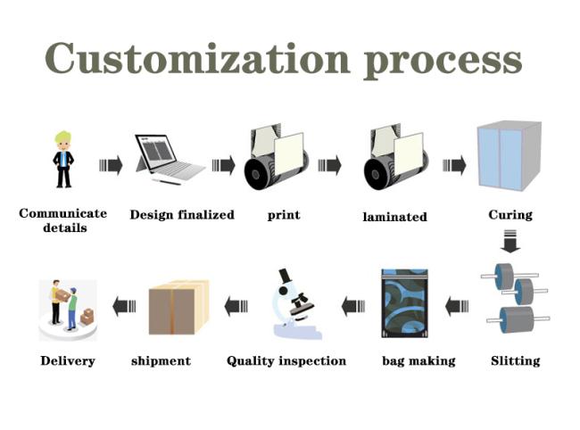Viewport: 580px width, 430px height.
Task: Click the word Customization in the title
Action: [x=197, y=58]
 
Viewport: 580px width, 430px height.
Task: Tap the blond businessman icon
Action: [x=63, y=160]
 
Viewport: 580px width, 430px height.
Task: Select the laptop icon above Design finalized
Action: [x=170, y=159]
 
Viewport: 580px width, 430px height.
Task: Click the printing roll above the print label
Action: [x=277, y=157]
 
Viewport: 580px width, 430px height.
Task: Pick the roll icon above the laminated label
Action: [x=396, y=157]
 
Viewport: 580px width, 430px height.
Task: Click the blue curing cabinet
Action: [x=510, y=155]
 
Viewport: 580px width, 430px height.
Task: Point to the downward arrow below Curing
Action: [x=510, y=241]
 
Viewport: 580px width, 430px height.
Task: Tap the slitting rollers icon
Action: [x=515, y=298]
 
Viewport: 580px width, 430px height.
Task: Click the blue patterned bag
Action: [x=405, y=303]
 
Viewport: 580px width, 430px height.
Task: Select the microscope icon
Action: [x=296, y=304]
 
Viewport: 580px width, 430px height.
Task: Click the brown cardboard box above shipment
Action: [x=178, y=307]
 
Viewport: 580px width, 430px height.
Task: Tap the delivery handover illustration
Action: [x=68, y=310]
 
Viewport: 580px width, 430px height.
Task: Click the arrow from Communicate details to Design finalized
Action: [x=111, y=165]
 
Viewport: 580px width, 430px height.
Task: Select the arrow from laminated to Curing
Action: [x=454, y=165]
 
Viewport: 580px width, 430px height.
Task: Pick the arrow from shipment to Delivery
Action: [x=124, y=306]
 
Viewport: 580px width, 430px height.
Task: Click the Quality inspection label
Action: [x=286, y=360]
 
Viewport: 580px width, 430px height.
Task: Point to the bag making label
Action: [x=418, y=360]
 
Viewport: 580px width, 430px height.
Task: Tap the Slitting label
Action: [x=515, y=360]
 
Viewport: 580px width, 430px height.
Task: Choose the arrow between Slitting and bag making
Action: [x=457, y=306]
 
